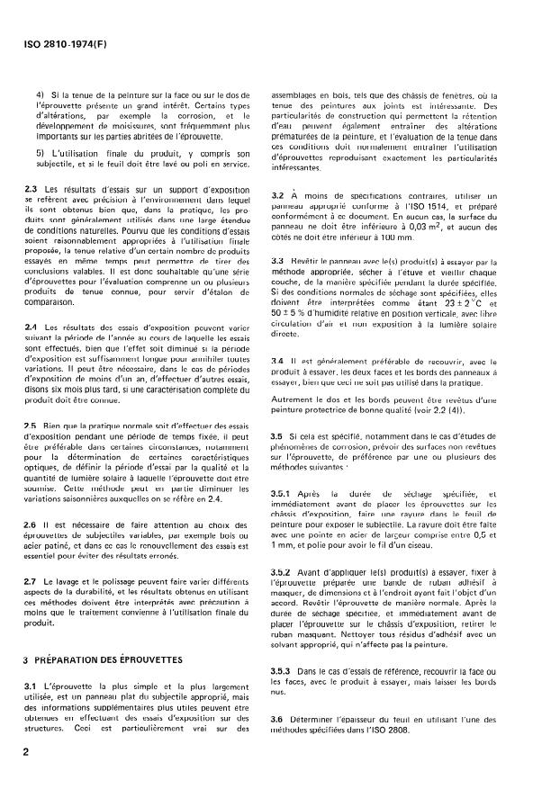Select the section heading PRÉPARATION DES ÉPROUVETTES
pyautogui.click(x=111, y=660)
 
